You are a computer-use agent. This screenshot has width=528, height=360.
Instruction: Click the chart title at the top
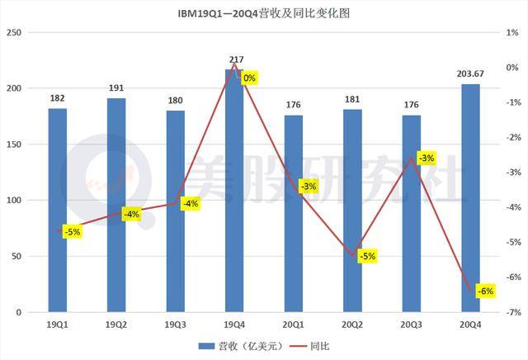(x=264, y=14)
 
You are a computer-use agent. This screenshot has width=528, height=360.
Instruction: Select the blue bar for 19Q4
(x=234, y=191)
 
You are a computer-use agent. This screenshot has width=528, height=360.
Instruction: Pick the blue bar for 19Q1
(x=58, y=211)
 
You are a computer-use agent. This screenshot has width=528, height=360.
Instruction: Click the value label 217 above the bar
(x=234, y=59)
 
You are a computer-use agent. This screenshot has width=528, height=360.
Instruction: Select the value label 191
(x=116, y=88)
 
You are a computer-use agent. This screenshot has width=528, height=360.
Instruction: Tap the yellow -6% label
(x=485, y=291)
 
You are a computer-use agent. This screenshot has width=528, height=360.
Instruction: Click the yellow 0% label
(x=250, y=78)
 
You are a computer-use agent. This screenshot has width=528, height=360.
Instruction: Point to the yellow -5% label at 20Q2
(x=366, y=256)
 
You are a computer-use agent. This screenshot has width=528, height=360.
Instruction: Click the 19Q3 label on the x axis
(x=176, y=325)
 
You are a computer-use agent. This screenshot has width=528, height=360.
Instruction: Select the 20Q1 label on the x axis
(x=294, y=325)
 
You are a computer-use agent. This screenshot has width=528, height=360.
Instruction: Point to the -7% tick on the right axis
(x=512, y=313)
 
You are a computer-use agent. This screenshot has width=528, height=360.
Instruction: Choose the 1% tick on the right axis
(x=512, y=32)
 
